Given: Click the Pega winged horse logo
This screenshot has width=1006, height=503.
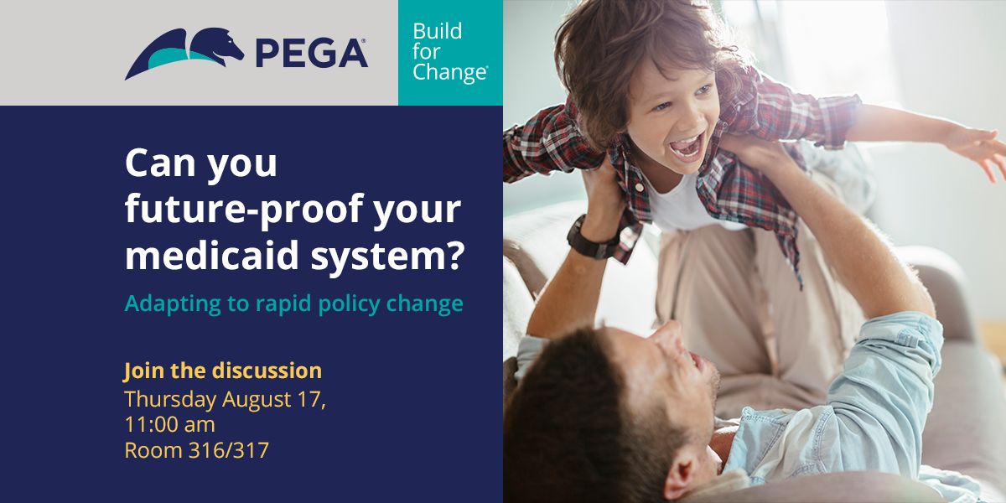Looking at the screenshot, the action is (x=184, y=53).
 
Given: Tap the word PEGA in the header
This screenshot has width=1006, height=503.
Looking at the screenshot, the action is (x=312, y=54).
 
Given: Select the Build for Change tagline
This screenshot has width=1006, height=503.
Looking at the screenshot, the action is (x=450, y=52).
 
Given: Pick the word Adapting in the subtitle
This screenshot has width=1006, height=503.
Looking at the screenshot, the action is (x=173, y=304).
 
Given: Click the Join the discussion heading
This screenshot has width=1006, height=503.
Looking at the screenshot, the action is (x=223, y=371).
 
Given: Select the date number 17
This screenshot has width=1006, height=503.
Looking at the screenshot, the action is (x=309, y=399).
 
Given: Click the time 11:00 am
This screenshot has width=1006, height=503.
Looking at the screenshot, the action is (x=169, y=425).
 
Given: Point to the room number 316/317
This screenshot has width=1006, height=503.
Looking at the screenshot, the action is (x=228, y=450).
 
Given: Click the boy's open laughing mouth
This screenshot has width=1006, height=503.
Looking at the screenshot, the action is (x=686, y=147).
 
